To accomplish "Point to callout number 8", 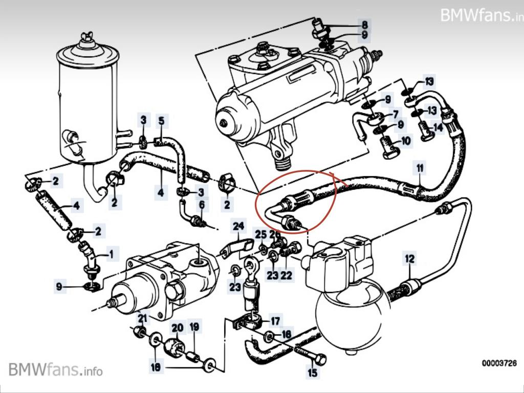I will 364,24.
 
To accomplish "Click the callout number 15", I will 312,373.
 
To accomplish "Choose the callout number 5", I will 161,121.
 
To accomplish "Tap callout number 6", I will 202,205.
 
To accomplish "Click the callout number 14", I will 438,127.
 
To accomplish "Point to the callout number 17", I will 275,321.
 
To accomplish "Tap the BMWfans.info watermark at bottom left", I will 55,369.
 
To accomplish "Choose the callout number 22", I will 286,275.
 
